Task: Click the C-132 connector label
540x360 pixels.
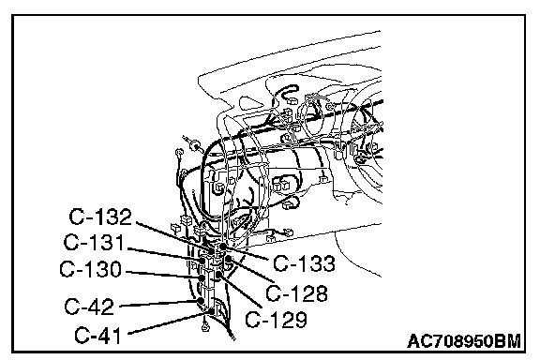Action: click(x=100, y=217)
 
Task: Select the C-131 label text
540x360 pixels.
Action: click(x=94, y=242)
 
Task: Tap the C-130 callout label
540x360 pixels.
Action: click(x=91, y=269)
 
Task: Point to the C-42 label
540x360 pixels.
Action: click(x=89, y=306)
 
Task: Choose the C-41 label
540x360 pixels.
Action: click(x=97, y=335)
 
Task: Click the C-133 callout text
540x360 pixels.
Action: click(x=304, y=263)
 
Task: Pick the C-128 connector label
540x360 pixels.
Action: click(x=296, y=293)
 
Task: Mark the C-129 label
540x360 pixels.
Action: click(x=276, y=320)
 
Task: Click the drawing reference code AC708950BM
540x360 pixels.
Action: click(x=464, y=341)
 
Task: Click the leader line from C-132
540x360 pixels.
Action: click(x=175, y=236)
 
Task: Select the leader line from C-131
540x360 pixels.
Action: click(x=164, y=254)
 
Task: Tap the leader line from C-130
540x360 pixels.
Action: click(x=162, y=275)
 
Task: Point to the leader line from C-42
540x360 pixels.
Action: click(x=158, y=304)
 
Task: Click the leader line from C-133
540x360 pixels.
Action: click(x=246, y=252)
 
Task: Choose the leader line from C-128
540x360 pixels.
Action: click(x=251, y=270)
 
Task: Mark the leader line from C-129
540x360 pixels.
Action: click(x=240, y=291)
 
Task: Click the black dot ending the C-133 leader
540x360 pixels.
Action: click(x=223, y=246)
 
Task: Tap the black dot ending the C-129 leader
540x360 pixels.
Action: click(x=219, y=275)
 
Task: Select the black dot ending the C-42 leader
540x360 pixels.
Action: click(x=200, y=301)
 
